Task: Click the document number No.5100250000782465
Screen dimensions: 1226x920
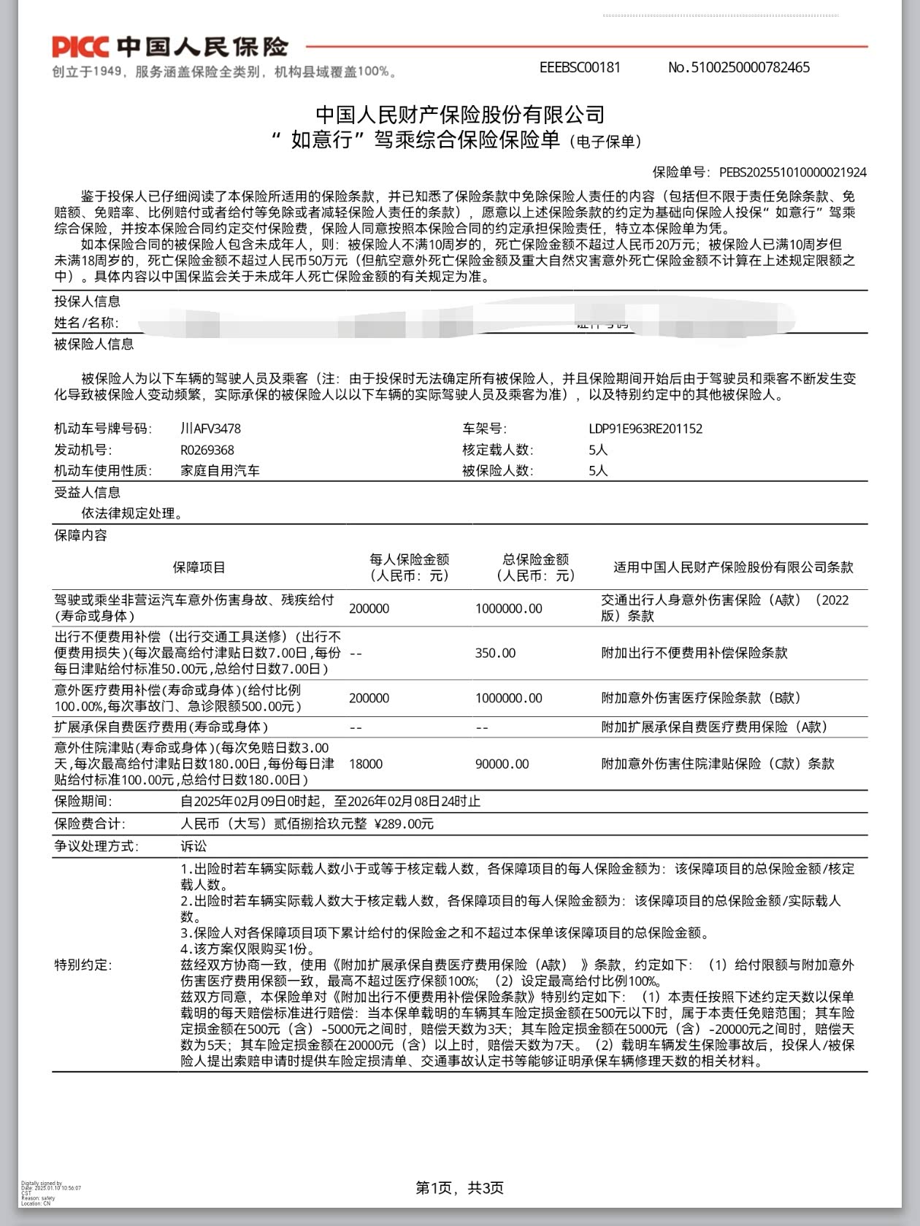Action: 738,67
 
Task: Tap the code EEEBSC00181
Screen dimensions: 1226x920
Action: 580,67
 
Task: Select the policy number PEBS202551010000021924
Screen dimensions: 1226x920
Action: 793,172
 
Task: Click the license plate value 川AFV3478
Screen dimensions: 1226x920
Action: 210,429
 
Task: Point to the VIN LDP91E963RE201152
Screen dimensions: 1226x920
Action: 645,429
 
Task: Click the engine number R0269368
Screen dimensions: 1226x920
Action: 207,450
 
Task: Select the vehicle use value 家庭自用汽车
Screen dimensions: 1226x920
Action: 220,471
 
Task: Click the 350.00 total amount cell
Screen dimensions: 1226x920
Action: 495,653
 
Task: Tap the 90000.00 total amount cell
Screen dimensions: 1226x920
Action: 502,764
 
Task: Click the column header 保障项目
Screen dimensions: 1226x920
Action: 199,567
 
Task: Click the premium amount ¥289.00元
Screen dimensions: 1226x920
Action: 404,824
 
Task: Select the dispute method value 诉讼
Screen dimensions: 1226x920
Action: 193,846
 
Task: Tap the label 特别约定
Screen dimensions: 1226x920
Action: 83,965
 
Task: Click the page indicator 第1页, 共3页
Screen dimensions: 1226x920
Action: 459,1187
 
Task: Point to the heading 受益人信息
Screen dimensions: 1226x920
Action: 87,492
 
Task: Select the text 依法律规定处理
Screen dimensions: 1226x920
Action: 132,513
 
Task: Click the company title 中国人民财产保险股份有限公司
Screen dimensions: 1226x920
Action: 459,115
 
